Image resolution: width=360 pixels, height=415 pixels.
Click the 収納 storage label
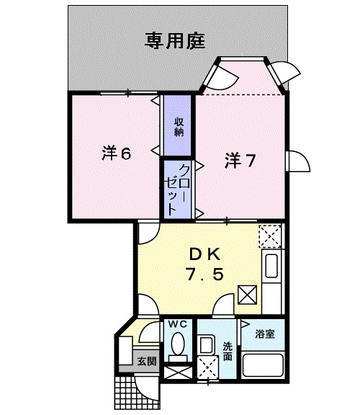[178, 127]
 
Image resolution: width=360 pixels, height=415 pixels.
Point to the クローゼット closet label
[178, 187]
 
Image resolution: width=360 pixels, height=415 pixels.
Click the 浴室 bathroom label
[265, 334]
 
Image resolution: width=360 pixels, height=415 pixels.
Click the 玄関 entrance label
[147, 361]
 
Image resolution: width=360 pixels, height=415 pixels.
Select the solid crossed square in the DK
[248, 294]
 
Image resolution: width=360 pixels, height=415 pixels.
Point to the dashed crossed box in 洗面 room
[209, 367]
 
